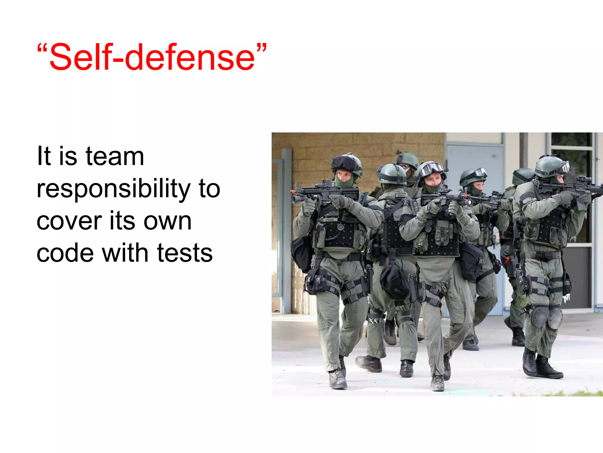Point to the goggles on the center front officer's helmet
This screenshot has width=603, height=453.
tap(431, 169)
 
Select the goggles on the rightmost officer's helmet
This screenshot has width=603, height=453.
tap(562, 168)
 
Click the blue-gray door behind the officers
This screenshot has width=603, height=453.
tap(474, 165)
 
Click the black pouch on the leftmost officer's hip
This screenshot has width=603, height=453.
tap(301, 254)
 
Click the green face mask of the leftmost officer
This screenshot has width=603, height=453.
tap(344, 182)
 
